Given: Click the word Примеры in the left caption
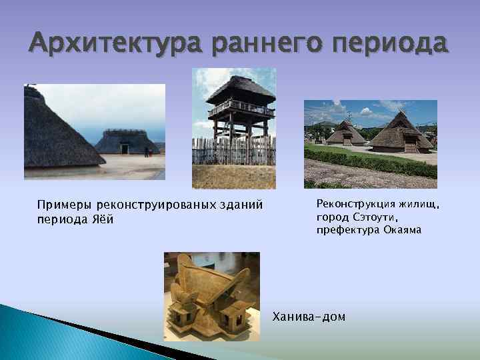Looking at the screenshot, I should pos(65,204).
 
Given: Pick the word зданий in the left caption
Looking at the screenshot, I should pos(242,204).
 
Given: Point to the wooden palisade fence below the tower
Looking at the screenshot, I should pos(233,151).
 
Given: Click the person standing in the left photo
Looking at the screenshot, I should pos(146,151).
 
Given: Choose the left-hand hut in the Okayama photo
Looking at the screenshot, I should pos(346,134).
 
